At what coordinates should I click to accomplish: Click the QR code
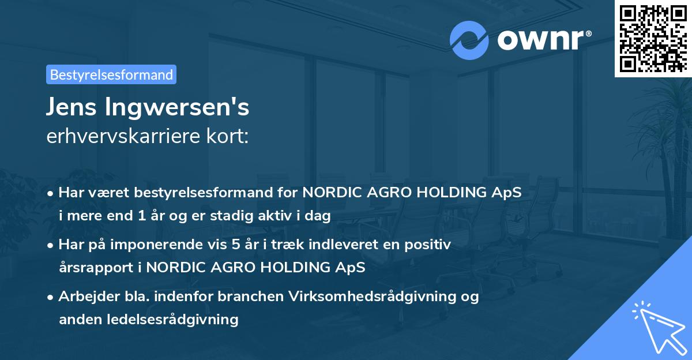pyautogui.click(x=653, y=38)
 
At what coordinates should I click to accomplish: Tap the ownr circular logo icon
pyautogui.click(x=469, y=40)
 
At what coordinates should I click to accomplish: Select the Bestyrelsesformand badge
pyautogui.click(x=111, y=74)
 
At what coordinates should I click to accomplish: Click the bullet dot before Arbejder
pyautogui.click(x=51, y=297)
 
